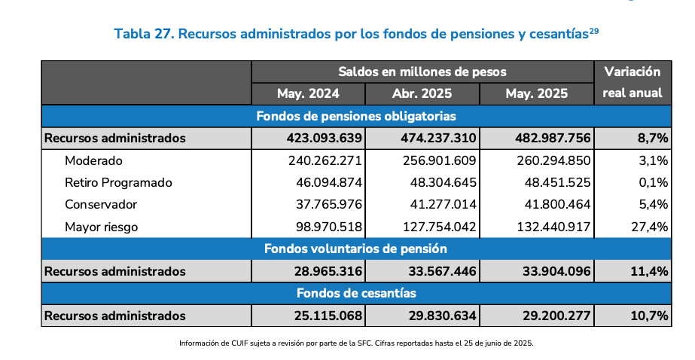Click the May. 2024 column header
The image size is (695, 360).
(308, 93)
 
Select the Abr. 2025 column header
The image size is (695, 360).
(422, 93)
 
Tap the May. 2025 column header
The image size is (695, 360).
(537, 93)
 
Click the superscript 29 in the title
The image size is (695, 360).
(594, 31)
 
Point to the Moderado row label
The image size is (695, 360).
(93, 160)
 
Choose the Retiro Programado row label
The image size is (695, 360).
(118, 183)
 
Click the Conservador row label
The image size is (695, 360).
(101, 205)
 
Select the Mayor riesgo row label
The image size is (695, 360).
(102, 227)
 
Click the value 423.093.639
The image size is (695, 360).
(325, 139)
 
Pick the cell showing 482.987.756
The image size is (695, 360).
(553, 139)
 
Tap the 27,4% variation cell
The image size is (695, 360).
(649, 227)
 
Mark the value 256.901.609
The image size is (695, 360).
(439, 160)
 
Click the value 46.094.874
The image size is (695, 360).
(329, 183)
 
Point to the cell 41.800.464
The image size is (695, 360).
(558, 205)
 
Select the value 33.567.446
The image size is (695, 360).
(442, 271)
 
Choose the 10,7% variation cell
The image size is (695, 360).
(649, 316)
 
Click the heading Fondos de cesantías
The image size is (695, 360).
(356, 293)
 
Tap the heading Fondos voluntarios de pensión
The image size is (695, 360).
(356, 249)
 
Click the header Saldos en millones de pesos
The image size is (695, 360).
(422, 72)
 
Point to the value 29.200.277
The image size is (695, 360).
(556, 316)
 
